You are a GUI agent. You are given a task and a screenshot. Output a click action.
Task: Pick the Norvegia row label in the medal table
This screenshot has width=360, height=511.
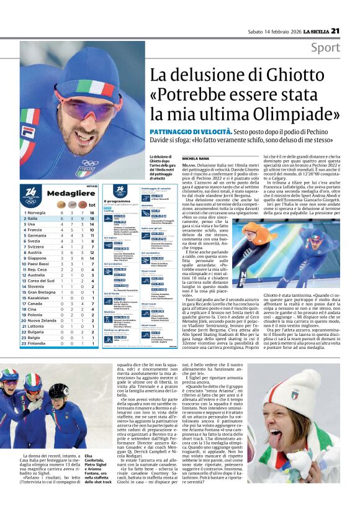point(36,212)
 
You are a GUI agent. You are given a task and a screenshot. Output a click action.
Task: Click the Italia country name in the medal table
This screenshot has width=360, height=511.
point(32,219)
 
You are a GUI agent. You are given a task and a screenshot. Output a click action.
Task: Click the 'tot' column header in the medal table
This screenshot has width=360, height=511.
point(91,204)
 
